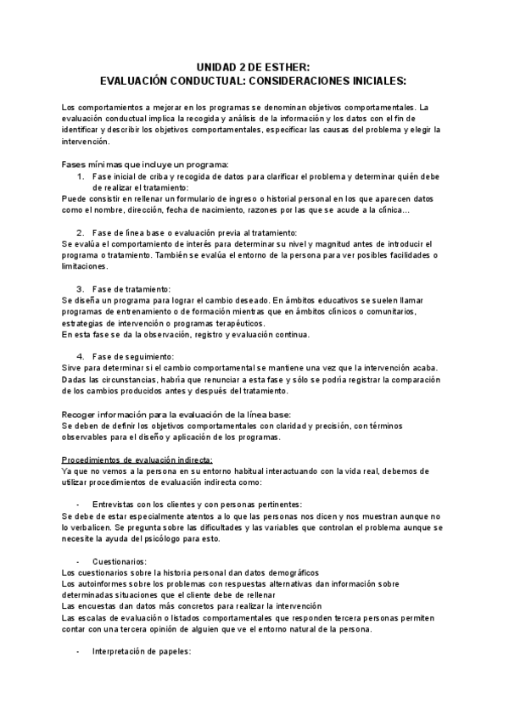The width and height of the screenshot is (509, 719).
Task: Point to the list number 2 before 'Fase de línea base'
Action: pos(81,232)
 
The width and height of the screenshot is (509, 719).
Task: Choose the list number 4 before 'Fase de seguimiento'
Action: pos(81,355)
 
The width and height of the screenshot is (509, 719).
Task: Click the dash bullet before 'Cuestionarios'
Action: pos(79,561)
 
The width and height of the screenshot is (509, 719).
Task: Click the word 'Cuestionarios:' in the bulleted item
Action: pos(120,561)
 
